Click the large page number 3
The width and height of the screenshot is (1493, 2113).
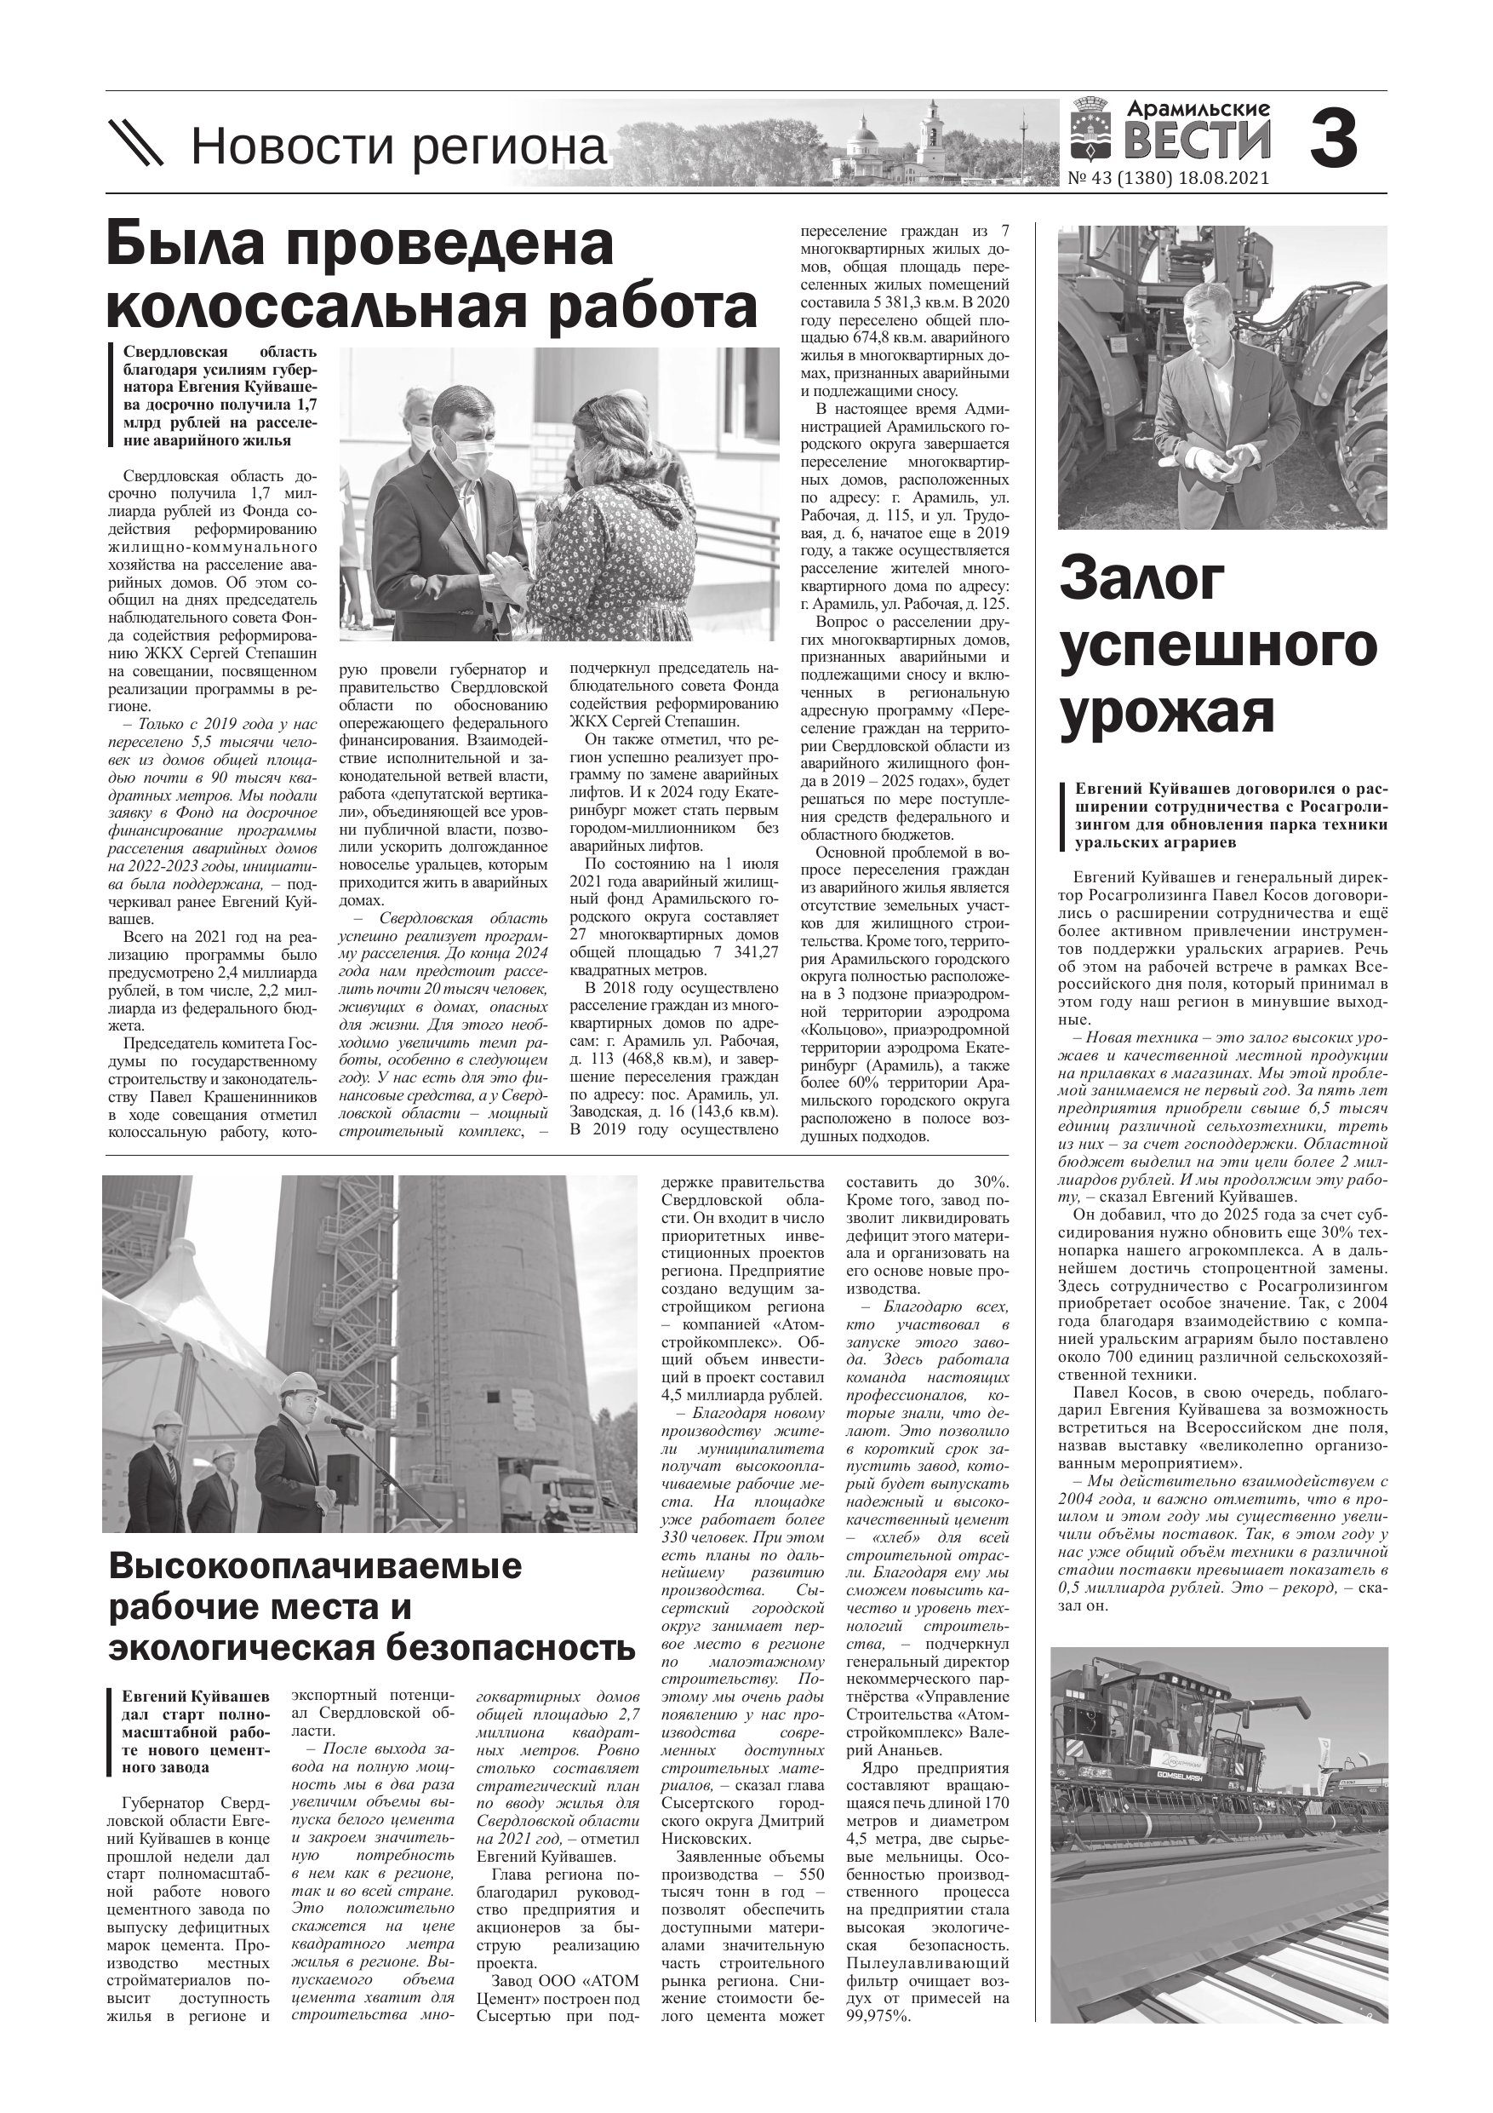tap(1333, 138)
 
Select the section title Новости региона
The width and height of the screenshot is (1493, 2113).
tap(399, 147)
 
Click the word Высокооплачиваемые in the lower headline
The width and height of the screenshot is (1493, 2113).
tap(315, 1565)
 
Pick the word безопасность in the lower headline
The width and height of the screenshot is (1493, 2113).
tap(510, 1646)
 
